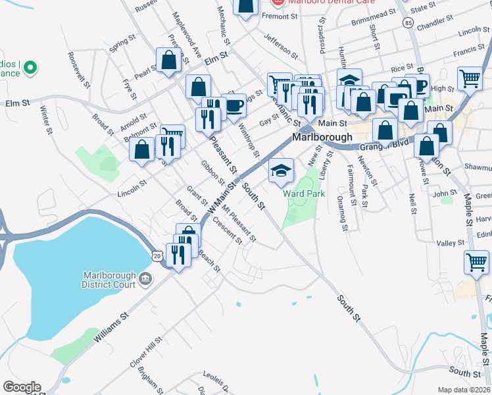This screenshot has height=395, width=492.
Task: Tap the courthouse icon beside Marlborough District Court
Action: click(145, 279)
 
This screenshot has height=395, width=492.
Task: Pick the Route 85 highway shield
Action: click(408, 23)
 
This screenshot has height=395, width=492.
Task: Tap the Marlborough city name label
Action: click(320, 139)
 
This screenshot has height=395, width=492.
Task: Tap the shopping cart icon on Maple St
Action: click(476, 261)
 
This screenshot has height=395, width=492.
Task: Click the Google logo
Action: click(22, 386)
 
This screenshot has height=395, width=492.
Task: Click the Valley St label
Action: click(451, 243)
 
